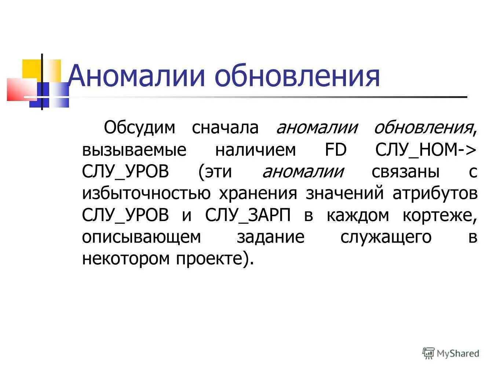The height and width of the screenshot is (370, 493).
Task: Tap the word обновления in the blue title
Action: [x=297, y=76]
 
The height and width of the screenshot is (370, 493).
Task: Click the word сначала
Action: [x=225, y=128]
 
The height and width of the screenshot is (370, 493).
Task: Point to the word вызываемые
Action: [x=134, y=150]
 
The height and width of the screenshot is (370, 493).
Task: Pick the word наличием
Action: [x=255, y=150]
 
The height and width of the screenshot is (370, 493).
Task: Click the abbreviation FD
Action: [x=336, y=150]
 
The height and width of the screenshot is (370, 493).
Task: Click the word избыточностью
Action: [x=146, y=193]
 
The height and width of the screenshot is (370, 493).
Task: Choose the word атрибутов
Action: [x=435, y=193]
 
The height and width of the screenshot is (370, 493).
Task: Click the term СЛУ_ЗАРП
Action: [x=248, y=215]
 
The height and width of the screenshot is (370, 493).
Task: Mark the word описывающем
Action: [x=142, y=237]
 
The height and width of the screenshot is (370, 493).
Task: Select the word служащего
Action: [x=386, y=237]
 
